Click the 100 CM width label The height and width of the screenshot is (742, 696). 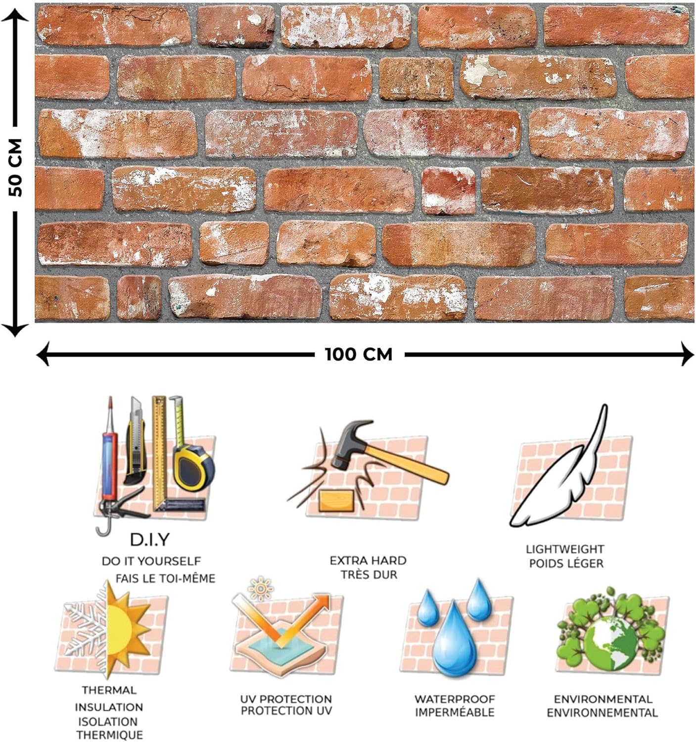pyautogui.click(x=359, y=355)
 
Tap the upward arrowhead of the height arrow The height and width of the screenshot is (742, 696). pyautogui.click(x=16, y=16)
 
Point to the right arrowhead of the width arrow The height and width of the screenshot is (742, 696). pyautogui.click(x=688, y=354)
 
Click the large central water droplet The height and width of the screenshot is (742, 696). pyautogui.click(x=455, y=643)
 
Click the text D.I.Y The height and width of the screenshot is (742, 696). pyautogui.click(x=149, y=539)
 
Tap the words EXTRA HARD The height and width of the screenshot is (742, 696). pyautogui.click(x=368, y=560)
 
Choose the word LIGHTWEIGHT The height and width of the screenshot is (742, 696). pyautogui.click(x=565, y=549)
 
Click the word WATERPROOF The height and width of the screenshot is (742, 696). pyautogui.click(x=455, y=699)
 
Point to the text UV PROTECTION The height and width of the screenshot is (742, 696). pyautogui.click(x=286, y=699)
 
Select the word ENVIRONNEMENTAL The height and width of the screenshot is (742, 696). pyautogui.click(x=602, y=713)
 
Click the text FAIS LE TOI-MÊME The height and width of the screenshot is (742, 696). pyautogui.click(x=165, y=578)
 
